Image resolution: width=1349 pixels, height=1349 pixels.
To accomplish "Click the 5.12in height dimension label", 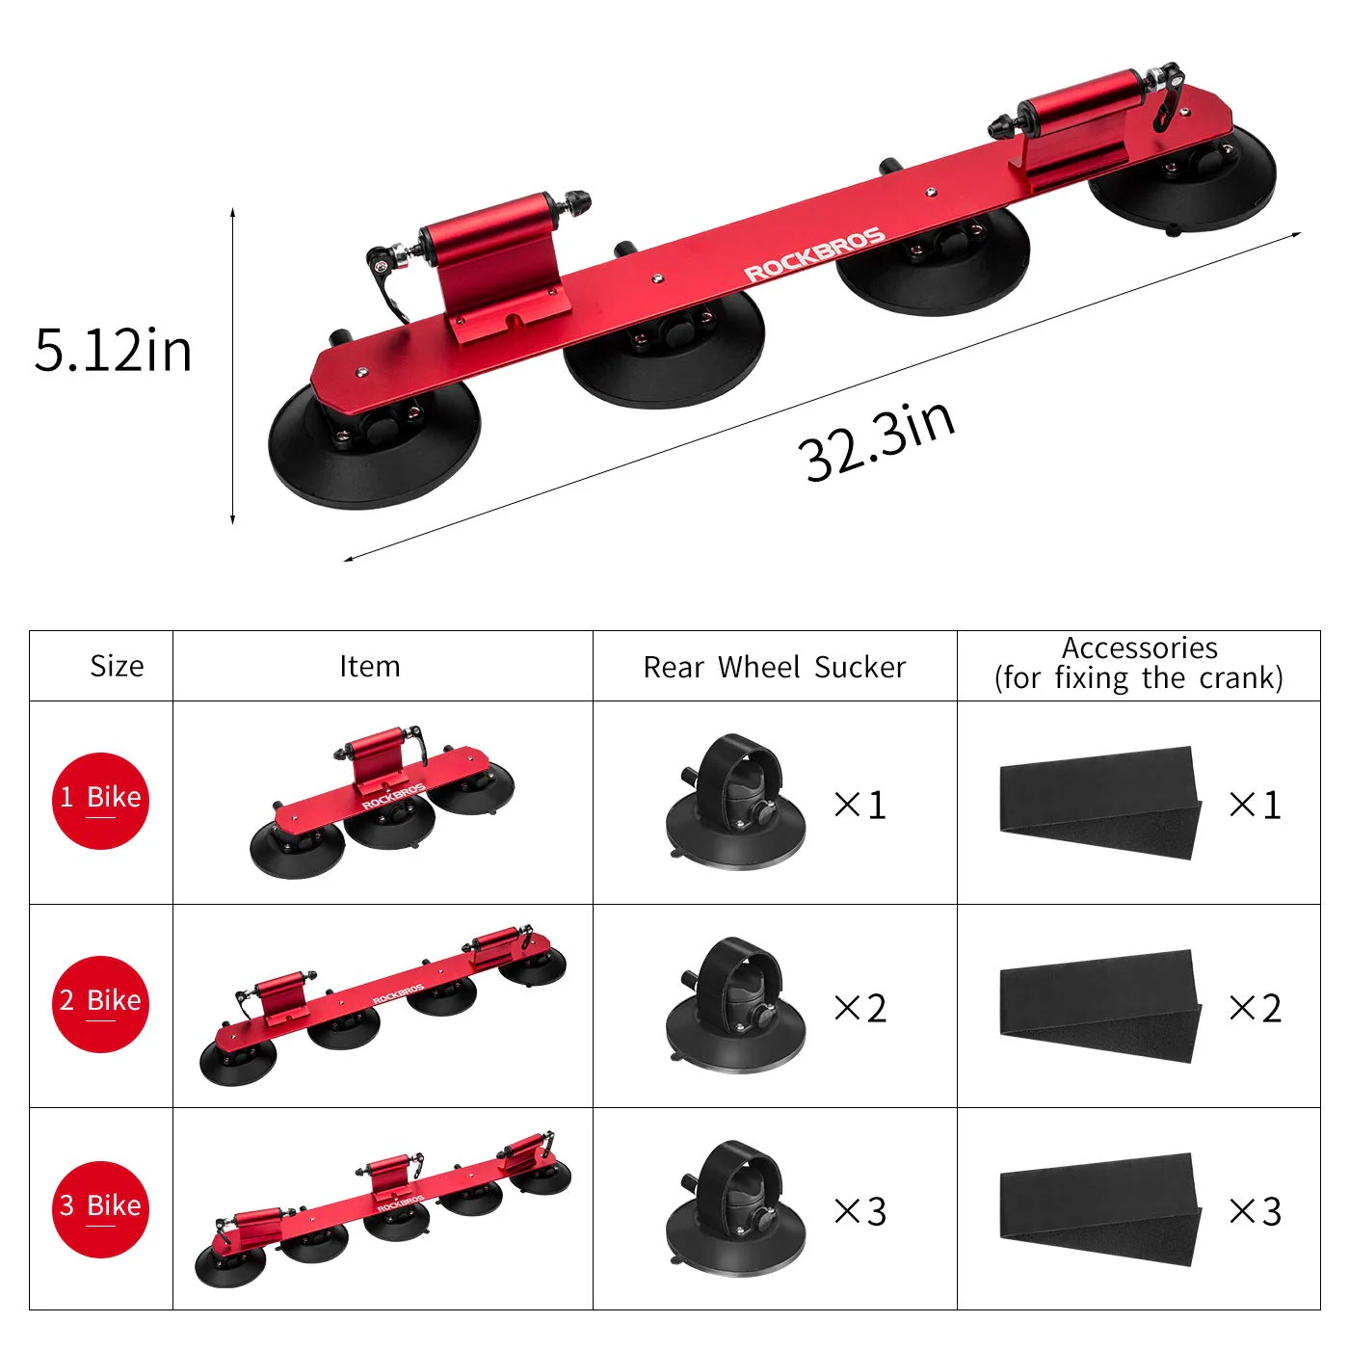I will coord(113,350).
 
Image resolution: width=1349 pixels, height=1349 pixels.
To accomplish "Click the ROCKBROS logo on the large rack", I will coord(814,255).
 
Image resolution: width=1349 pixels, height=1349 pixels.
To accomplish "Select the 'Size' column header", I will coord(117,666).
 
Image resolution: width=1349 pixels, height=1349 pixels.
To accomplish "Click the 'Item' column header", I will coord(369,666).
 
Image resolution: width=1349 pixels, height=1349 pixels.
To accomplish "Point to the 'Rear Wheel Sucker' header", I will coord(774,667).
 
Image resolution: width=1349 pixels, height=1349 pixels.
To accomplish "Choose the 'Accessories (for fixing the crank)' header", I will coord(1138,663).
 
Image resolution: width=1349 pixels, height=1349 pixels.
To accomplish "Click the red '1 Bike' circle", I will coord(100,801).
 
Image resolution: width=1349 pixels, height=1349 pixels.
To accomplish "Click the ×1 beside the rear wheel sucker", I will coord(860,805).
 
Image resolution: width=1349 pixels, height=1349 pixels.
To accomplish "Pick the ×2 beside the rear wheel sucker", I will coord(860,1008).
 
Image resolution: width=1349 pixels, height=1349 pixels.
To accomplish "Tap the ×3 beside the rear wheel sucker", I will coord(860,1211).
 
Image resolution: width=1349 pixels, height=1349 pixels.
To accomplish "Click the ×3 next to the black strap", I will coord(1256,1211).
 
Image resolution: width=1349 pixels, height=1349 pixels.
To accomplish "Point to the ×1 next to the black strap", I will coord(1256,805).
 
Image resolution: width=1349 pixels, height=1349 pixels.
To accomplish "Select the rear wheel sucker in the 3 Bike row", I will coord(734,1209).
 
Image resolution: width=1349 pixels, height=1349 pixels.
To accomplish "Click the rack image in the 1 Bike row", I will coord(383,802).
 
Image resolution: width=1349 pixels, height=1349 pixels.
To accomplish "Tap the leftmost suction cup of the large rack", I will coord(374,447).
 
